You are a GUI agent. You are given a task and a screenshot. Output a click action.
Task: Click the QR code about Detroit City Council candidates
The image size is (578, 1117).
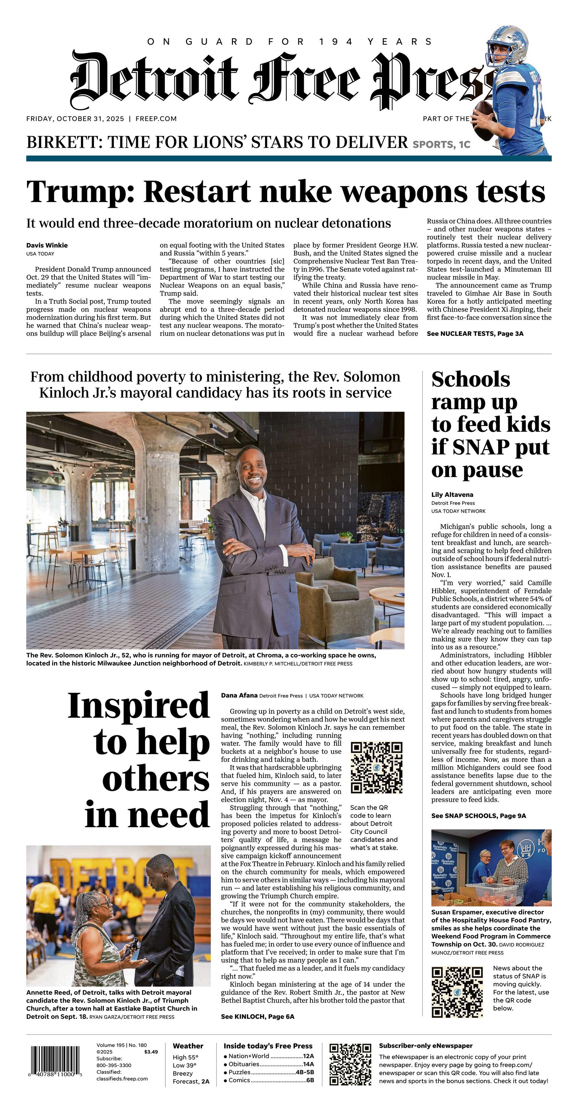pos(376,768)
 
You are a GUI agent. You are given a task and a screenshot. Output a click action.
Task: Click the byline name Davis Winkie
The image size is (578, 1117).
pos(47,246)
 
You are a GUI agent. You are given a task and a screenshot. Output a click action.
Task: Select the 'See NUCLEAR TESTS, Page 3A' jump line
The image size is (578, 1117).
pos(475,333)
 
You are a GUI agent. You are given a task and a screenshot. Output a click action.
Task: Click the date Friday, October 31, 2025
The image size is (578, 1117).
pos(75,119)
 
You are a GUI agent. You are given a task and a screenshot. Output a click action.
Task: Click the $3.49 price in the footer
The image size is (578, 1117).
pos(151,1052)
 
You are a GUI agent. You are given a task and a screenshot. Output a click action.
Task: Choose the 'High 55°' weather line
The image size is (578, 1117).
pos(185,1057)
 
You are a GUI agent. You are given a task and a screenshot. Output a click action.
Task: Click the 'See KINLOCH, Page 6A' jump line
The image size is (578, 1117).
pos(258,1017)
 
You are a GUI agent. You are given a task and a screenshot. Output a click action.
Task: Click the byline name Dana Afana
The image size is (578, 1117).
pos(239,696)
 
